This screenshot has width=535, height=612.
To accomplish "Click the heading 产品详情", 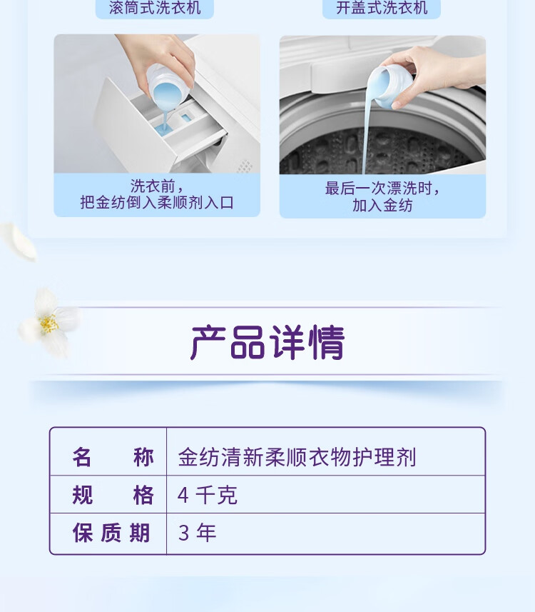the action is coord(267,342).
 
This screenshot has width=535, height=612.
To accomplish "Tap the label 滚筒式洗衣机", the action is coord(155,8).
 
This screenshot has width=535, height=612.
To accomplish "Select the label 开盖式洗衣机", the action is coord(382,8).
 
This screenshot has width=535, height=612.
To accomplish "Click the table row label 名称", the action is coord(113,457).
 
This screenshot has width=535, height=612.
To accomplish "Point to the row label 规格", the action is coord(113,495).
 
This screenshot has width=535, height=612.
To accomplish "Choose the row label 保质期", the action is coord(111,533).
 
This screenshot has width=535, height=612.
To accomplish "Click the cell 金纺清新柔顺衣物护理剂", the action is coord(297,457).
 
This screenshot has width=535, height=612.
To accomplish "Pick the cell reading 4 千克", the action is coord(207,495).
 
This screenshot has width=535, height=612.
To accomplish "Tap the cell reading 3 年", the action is coord(197,533).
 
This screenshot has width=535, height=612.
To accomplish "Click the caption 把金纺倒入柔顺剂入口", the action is coord(157,203).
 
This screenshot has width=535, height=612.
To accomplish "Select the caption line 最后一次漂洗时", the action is coord(382,188).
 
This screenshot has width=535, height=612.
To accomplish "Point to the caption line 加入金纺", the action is coord(382,205).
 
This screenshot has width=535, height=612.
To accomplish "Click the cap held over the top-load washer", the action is coord(389,86).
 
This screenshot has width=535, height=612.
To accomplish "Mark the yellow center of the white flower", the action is coord(49,323).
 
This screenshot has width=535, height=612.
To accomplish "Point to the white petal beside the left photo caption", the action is coord(19,241).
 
